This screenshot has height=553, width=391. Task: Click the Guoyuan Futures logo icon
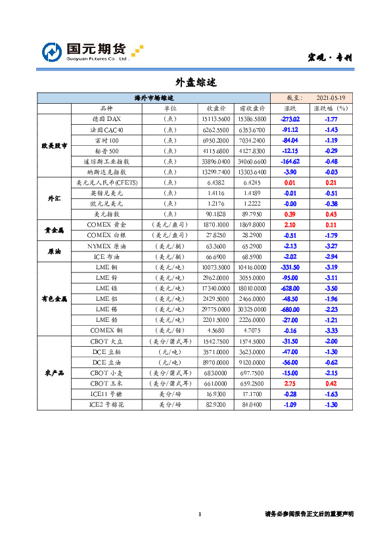click(53, 52)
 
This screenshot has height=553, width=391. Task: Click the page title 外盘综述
click(196, 82)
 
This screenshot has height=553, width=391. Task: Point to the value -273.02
click(290, 119)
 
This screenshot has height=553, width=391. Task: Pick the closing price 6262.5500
click(216, 130)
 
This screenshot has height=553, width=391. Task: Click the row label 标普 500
click(106, 151)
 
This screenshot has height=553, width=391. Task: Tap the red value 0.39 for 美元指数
click(290, 213)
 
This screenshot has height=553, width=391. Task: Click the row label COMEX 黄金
click(106, 225)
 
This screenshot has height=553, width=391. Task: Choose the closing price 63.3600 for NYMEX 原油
click(216, 246)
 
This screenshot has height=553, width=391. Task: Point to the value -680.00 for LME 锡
click(290, 309)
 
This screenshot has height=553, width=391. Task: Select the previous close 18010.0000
click(252, 288)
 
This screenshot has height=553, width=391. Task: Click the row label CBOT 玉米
click(106, 384)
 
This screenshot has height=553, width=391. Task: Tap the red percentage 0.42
click(331, 384)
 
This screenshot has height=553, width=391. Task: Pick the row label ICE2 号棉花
click(106, 405)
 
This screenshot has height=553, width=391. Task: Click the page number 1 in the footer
click(199, 514)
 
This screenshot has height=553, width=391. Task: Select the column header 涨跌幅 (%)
click(331, 108)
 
